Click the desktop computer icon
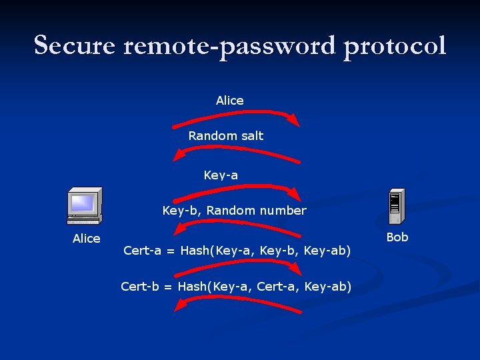(x=85, y=207)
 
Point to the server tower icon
(x=397, y=206)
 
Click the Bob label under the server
(x=397, y=237)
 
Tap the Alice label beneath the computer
(x=87, y=239)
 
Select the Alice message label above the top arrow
(x=230, y=101)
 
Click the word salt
(x=251, y=136)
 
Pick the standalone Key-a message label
(x=221, y=175)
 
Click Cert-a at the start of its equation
(x=143, y=251)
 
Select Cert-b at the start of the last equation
(x=139, y=287)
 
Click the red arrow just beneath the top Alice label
(x=237, y=116)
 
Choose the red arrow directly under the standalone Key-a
(x=237, y=190)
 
